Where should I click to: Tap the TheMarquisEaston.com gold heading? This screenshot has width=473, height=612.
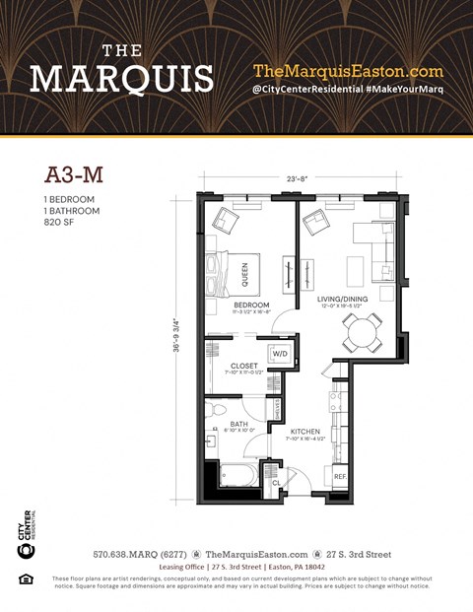pos(348,71)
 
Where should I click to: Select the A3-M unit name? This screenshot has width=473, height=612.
pos(75,175)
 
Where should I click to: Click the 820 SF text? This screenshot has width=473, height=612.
pos(62,223)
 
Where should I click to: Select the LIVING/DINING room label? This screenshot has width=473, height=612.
pos(343,300)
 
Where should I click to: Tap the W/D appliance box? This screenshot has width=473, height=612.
pos(279,355)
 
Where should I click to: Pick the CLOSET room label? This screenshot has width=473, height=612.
pos(243,366)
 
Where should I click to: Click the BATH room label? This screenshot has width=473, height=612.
pos(239,424)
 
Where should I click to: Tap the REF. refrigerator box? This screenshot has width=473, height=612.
pos(340,477)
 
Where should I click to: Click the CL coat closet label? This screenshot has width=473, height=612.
pos(277,483)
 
